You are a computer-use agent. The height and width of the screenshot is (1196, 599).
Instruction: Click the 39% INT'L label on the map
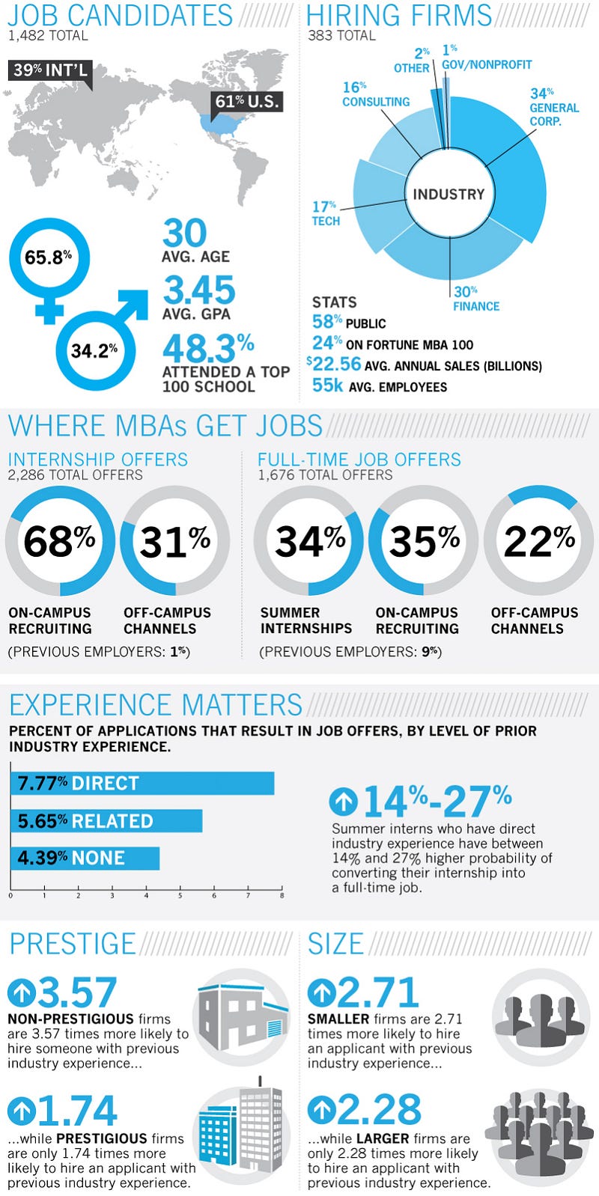[50, 70]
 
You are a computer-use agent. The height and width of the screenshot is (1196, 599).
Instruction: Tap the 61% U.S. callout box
[247, 102]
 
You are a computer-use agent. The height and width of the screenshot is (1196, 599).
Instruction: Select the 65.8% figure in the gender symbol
[48, 257]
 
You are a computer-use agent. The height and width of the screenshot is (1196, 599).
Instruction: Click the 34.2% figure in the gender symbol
[94, 350]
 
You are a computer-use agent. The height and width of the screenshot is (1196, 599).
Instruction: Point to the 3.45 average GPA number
[199, 290]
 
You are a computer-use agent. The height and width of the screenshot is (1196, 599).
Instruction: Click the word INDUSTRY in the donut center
[449, 194]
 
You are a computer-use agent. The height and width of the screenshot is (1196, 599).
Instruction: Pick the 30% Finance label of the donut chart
[476, 299]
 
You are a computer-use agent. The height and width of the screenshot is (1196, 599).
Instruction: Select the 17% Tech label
[326, 213]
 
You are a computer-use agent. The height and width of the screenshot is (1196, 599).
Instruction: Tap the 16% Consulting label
[376, 94]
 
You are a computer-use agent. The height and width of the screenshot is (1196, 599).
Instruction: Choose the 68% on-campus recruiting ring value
[59, 541]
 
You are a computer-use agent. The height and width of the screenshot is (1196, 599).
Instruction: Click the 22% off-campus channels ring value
[539, 541]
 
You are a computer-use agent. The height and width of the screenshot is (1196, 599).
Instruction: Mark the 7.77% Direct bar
[143, 784]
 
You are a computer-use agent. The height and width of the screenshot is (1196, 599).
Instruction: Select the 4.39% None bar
[85, 858]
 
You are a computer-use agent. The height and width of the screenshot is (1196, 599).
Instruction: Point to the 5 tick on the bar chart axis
[180, 896]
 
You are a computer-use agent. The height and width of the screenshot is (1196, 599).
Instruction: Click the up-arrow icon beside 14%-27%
[343, 801]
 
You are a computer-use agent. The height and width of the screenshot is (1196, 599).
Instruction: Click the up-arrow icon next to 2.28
[321, 1109]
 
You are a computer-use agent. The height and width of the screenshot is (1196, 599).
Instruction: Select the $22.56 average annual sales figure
[335, 364]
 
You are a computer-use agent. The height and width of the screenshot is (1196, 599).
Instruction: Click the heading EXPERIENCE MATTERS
[156, 705]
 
